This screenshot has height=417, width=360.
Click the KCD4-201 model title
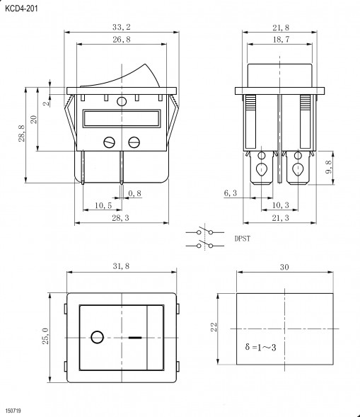pyautogui.click(x=21, y=8)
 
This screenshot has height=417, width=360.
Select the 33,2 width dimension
pyautogui.click(x=122, y=27)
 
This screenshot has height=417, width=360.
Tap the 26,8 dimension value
pyautogui.click(x=122, y=40)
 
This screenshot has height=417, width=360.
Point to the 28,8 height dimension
pyautogui.click(x=22, y=133)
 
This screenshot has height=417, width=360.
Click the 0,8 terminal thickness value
pyautogui.click(x=134, y=193)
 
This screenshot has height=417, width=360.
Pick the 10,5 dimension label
pyautogui.click(x=103, y=205)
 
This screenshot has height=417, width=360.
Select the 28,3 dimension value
pyautogui.click(x=120, y=218)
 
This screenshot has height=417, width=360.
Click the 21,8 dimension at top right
pyautogui.click(x=281, y=28)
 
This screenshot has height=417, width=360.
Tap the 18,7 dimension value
pyautogui.click(x=281, y=40)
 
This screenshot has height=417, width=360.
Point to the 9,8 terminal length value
pyautogui.click(x=329, y=167)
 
